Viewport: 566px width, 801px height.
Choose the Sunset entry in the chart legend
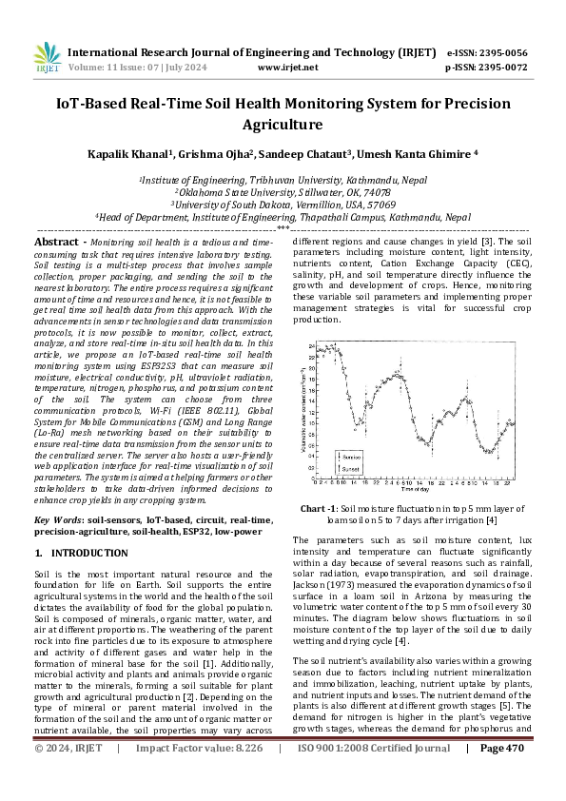click(x=354, y=470)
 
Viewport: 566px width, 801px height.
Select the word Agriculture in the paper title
click(x=283, y=125)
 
